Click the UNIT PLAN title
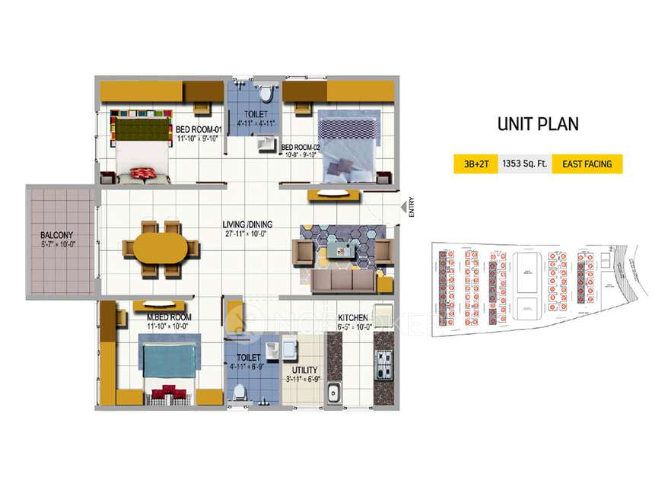coord(538,124)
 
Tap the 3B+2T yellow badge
coord(476,164)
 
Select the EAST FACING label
coord(587,164)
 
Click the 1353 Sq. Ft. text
coord(524,164)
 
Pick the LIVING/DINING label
coord(247,225)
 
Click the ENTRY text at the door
coord(411,208)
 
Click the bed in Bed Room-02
coord(347,145)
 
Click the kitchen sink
coord(333,393)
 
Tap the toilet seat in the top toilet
coord(266,94)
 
